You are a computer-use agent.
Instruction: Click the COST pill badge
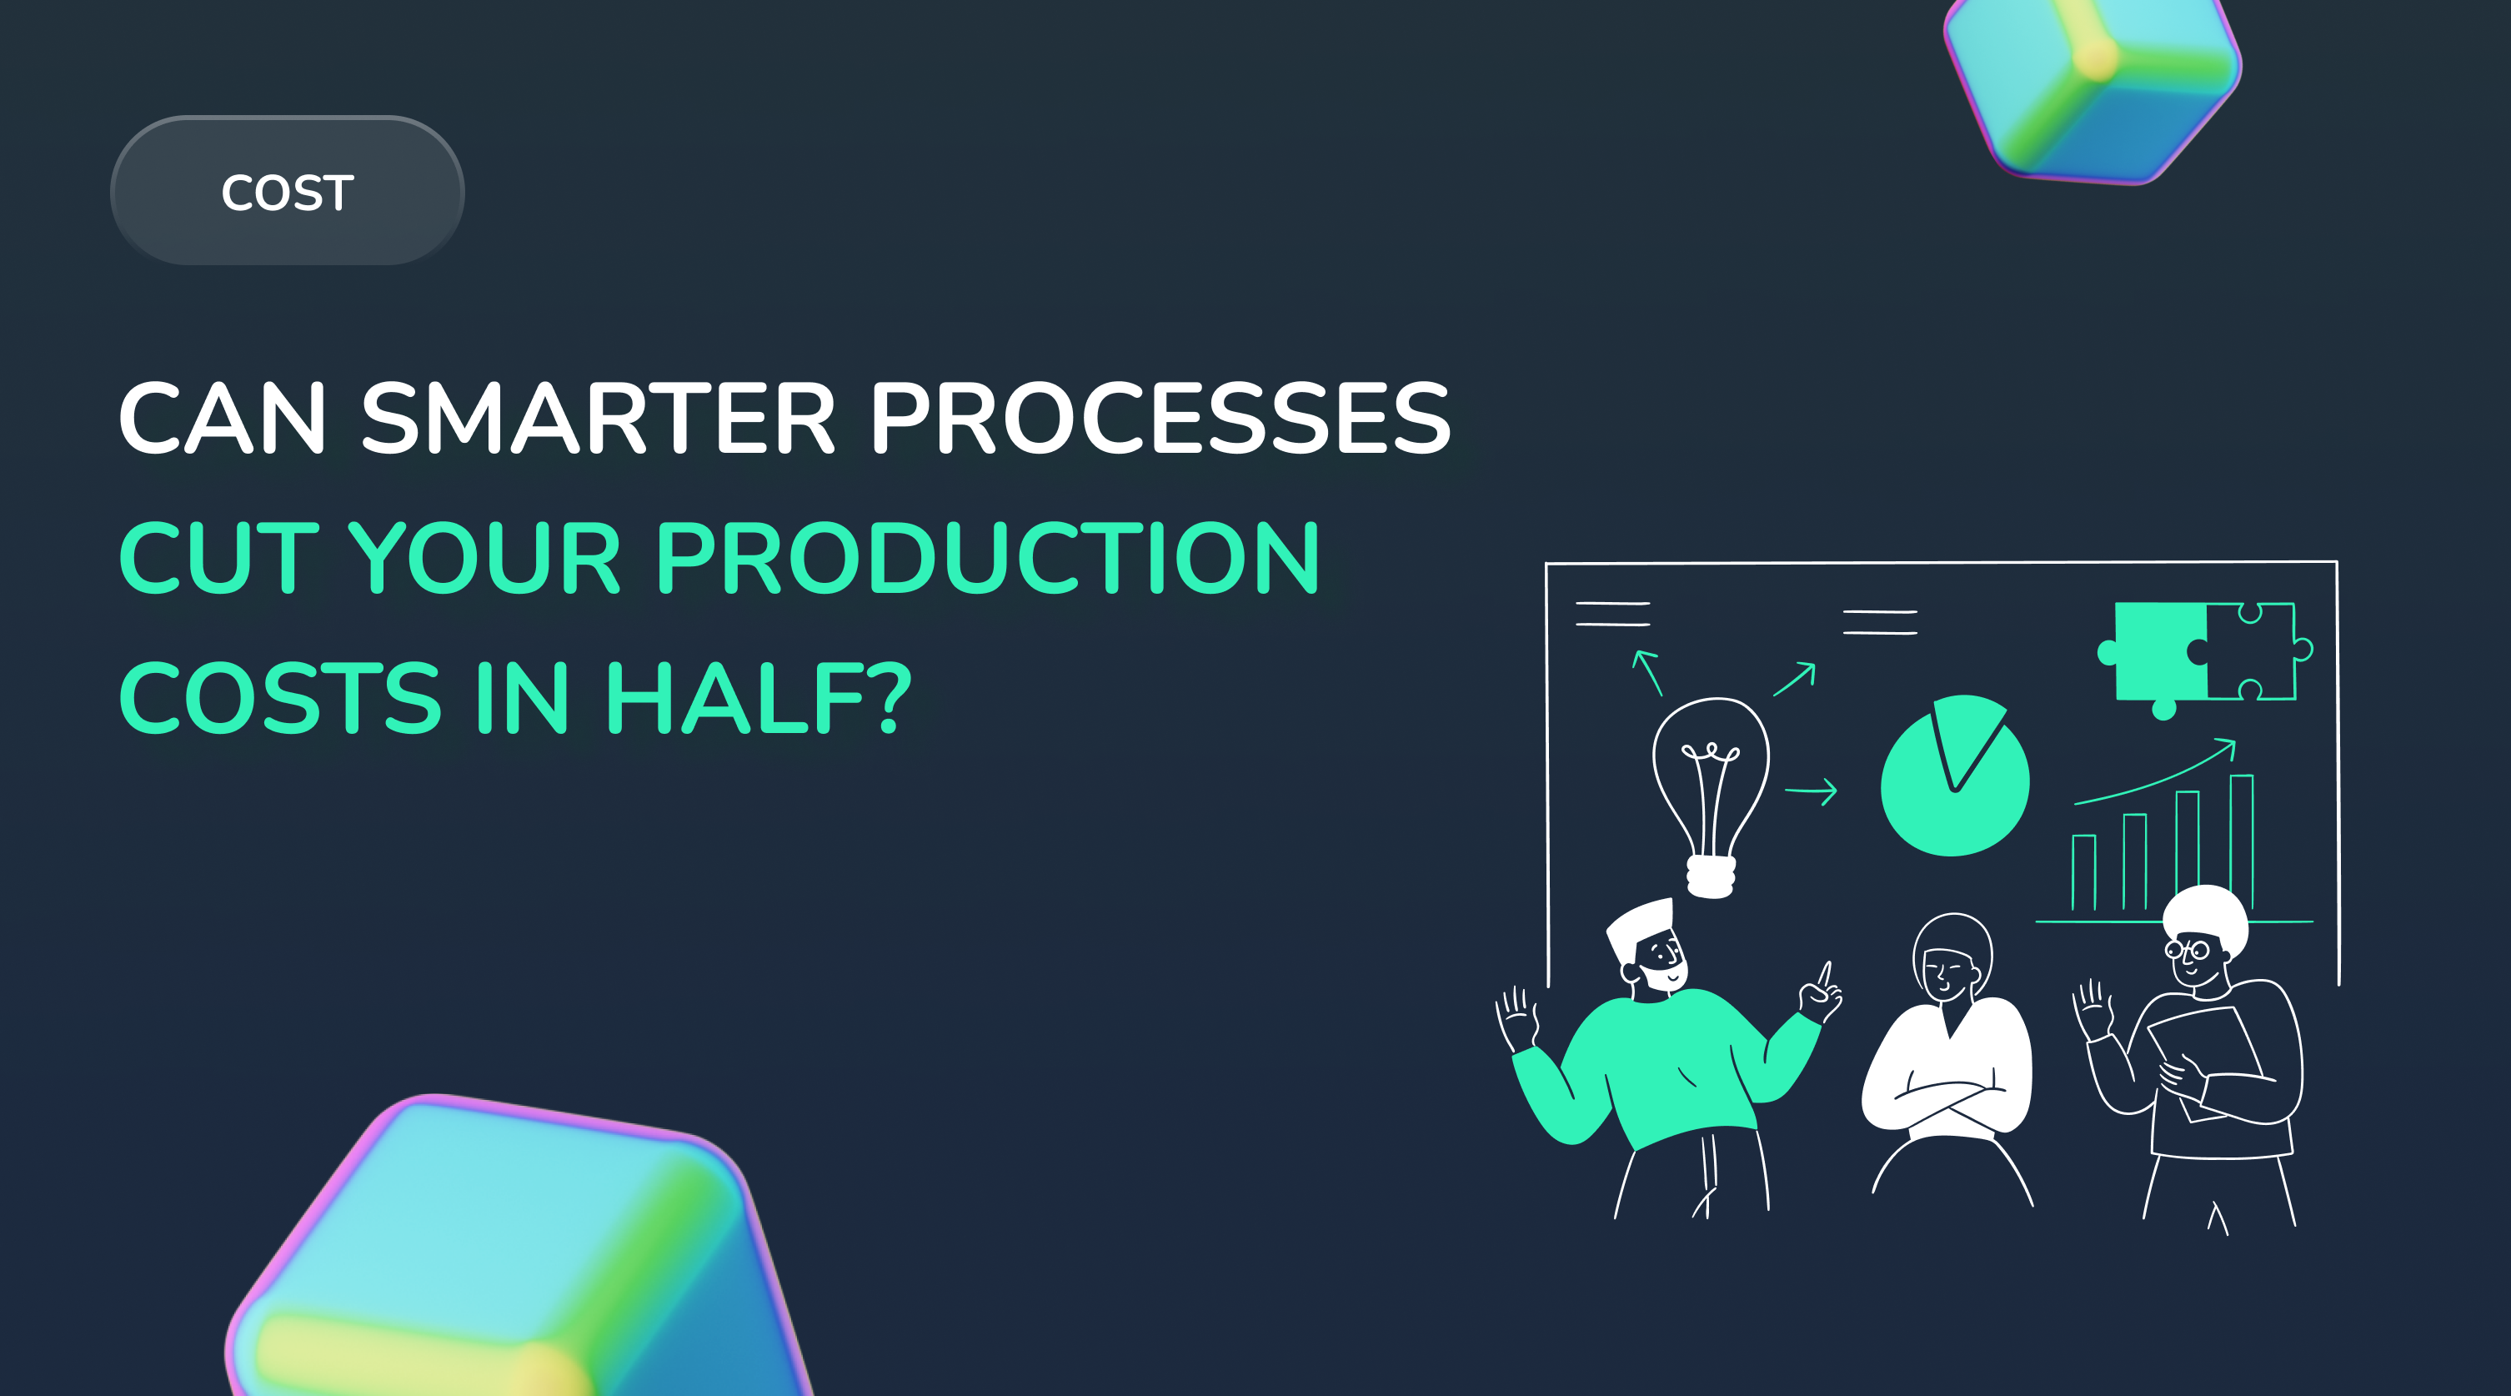coord(288,191)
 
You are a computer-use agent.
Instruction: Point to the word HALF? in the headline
coord(759,698)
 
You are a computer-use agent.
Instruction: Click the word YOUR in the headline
coord(484,558)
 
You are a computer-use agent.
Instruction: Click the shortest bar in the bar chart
coord(2083,872)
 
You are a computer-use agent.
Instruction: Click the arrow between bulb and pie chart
coord(1811,791)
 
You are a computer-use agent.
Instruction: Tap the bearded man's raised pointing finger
coord(1825,974)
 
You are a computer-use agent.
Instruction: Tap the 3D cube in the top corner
coord(2092,83)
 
